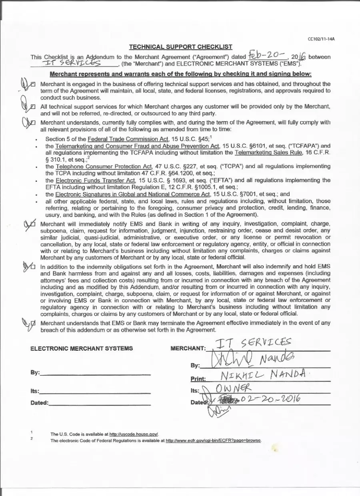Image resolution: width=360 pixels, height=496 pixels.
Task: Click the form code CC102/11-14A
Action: pos(321,39)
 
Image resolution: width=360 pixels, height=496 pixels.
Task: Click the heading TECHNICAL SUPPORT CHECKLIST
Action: pos(180,47)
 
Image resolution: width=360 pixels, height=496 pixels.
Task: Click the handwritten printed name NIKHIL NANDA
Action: pos(263,376)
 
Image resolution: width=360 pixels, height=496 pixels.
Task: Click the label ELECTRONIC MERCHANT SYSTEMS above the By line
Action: pos(82,348)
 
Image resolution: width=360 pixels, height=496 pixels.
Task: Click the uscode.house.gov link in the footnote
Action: pos(134,434)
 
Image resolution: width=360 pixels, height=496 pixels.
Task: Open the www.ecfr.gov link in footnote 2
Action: pos(214,440)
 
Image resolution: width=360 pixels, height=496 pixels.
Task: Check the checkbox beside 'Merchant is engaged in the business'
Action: pos(33,84)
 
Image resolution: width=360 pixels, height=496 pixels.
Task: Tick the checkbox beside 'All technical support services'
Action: pos(33,106)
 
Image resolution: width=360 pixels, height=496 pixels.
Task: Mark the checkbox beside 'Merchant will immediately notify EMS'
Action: pos(33,224)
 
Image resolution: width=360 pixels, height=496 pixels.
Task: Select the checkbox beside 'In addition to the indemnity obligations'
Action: pos(33,267)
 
